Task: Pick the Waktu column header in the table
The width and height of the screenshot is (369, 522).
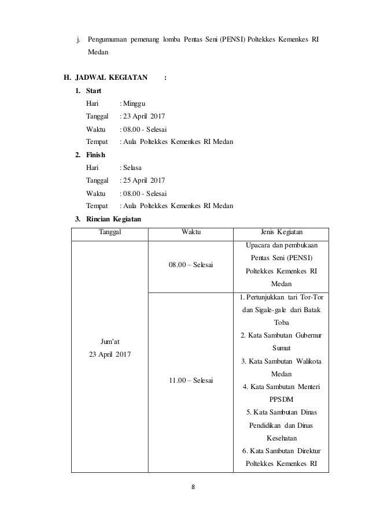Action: point(191,233)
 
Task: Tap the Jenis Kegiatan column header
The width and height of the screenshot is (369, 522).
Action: point(280,233)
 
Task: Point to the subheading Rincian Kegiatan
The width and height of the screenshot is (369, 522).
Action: point(113,219)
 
